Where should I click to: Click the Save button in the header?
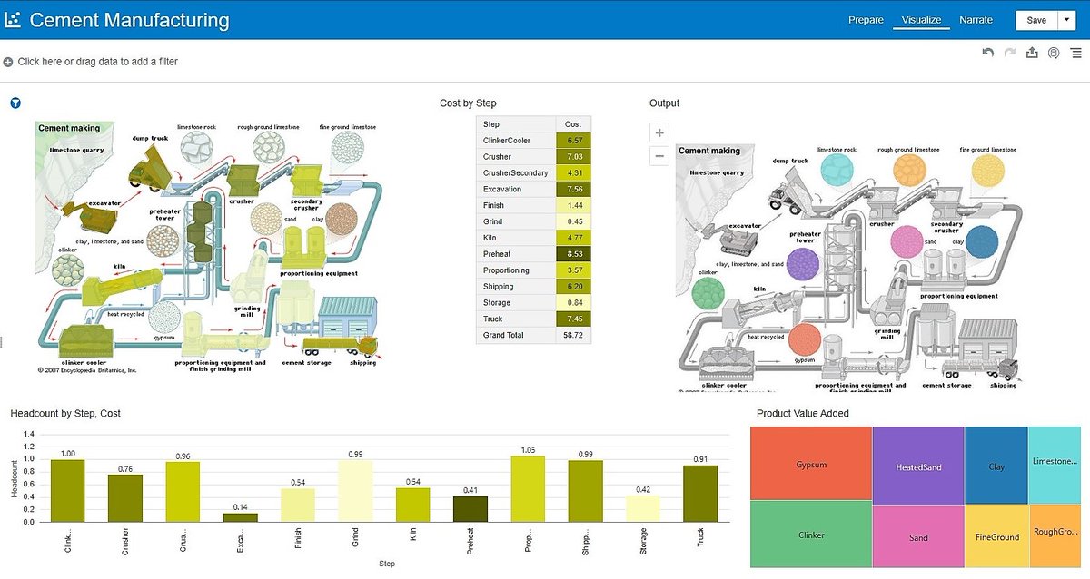pyautogui.click(x=1035, y=20)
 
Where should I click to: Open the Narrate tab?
pyautogui.click(x=976, y=20)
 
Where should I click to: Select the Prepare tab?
pyautogui.click(x=866, y=20)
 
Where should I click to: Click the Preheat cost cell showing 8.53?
pyautogui.click(x=573, y=254)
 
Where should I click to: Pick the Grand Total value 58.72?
pyautogui.click(x=573, y=335)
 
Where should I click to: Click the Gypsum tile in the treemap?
pyautogui.click(x=810, y=463)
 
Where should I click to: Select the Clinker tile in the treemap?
pyautogui.click(x=810, y=535)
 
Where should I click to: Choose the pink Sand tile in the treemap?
pyautogui.click(x=917, y=536)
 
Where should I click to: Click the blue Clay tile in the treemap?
pyautogui.click(x=996, y=466)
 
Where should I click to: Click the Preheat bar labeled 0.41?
pyautogui.click(x=470, y=509)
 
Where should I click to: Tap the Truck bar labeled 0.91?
pyautogui.click(x=699, y=494)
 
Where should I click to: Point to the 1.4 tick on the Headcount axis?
pyautogui.click(x=27, y=435)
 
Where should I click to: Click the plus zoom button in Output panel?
pyautogui.click(x=660, y=132)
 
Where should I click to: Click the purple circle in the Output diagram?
pyautogui.click(x=802, y=265)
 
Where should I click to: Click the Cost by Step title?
pyautogui.click(x=468, y=103)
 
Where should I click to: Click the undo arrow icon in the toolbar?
pyautogui.click(x=988, y=54)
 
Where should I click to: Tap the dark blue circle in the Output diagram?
pyautogui.click(x=981, y=242)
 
